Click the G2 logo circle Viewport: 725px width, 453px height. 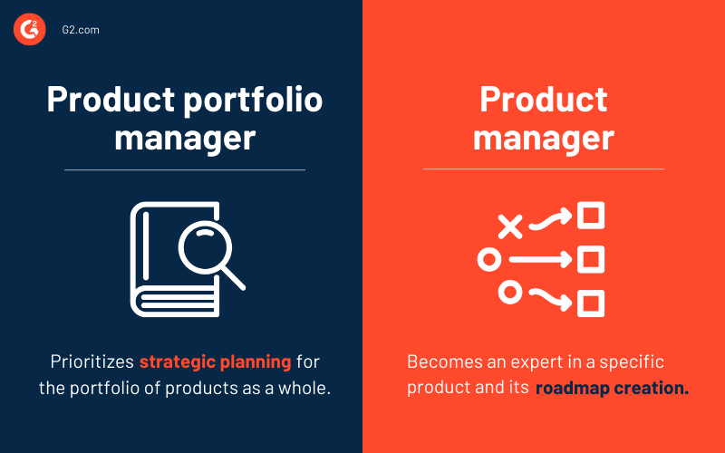pyautogui.click(x=29, y=30)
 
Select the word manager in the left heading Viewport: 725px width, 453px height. pyautogui.click(x=185, y=139)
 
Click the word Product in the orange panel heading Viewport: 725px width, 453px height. pyautogui.click(x=544, y=100)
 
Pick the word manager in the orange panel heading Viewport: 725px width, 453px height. pyautogui.click(x=544, y=139)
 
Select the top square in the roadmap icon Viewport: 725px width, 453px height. pyautogui.click(x=591, y=217)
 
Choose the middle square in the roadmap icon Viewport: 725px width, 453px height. pyautogui.click(x=591, y=260)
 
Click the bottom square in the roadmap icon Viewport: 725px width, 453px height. pyautogui.click(x=591, y=303)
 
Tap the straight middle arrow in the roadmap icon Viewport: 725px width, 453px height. pyautogui.click(x=540, y=260)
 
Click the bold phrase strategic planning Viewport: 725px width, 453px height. pyautogui.click(x=216, y=362)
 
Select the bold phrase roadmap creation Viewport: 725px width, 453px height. pyautogui.click(x=612, y=389)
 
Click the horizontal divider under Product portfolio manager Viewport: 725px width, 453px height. pyautogui.click(x=185, y=169)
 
